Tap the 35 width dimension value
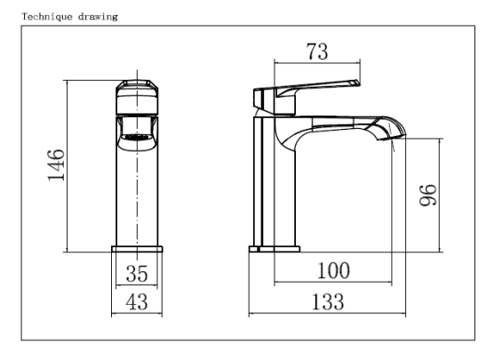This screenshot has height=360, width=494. pos(138,272)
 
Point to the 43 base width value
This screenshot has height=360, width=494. pos(138,302)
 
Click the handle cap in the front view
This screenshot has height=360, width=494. pos(137,91)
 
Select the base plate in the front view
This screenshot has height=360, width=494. pos(137,249)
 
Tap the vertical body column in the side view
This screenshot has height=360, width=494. pos(275,187)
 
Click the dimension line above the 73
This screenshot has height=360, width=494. pos(315,63)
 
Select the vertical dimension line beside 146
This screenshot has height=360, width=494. pos(68,165)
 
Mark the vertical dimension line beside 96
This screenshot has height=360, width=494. pos(441,194)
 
